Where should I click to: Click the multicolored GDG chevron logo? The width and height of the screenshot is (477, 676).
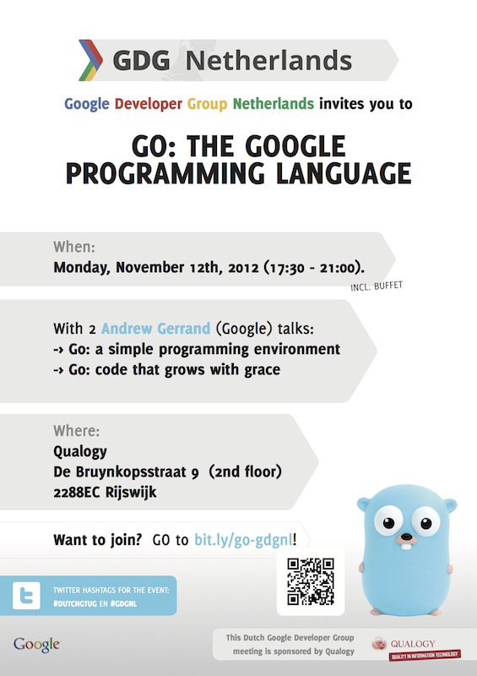91,60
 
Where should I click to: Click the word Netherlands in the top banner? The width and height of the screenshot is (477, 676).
268,60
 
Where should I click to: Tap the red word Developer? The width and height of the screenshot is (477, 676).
149,104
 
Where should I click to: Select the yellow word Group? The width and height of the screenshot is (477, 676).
207,104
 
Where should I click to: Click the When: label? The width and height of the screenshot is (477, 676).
74,247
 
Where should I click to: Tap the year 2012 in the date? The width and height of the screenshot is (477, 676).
243,268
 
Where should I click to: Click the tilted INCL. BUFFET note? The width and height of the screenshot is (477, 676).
377,286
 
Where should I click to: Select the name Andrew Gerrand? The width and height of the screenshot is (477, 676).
155,329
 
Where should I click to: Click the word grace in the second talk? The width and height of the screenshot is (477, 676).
262,370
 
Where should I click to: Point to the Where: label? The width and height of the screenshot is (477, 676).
76,431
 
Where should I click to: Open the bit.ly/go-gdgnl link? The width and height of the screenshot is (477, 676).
243,540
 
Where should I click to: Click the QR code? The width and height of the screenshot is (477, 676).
311,581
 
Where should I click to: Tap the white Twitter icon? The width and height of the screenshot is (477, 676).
26,596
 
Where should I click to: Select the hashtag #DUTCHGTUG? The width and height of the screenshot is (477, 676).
75,603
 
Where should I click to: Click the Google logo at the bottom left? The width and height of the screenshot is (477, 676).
36,644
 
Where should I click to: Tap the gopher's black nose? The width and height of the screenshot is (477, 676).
406,537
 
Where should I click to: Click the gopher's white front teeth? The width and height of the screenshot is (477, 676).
406,546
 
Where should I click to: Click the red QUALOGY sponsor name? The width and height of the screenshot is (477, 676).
413,644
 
